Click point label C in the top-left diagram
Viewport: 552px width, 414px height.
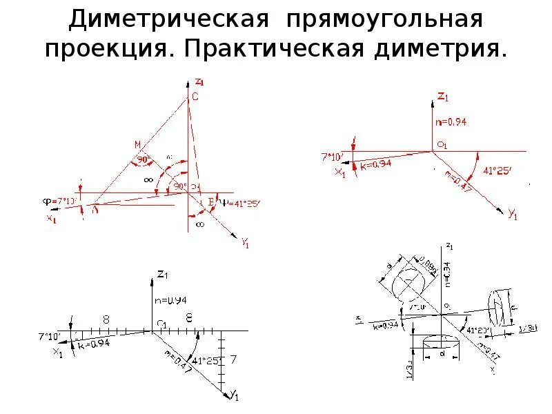(x=195, y=97)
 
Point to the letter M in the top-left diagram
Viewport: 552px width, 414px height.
(x=137, y=144)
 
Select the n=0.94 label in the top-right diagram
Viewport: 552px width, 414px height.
(x=452, y=121)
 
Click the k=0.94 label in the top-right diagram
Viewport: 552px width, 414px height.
(x=376, y=164)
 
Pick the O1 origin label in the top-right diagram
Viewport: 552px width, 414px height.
(x=442, y=145)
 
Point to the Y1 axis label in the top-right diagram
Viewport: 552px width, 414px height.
(x=512, y=215)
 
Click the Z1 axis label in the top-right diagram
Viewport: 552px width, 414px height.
(x=443, y=97)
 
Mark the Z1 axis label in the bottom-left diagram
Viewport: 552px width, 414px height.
(x=162, y=275)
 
